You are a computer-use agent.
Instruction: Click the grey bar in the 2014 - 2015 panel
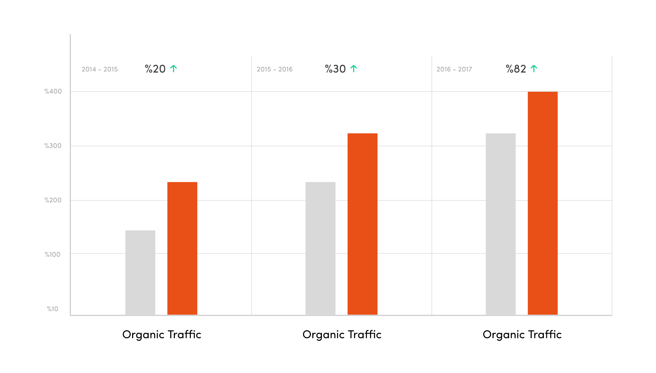tap(140, 272)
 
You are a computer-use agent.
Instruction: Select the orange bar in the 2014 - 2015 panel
tap(182, 248)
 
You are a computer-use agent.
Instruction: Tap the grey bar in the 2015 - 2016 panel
tap(321, 248)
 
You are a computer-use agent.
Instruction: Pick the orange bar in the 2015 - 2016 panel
tap(363, 224)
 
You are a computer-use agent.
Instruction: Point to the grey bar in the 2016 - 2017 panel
tap(501, 224)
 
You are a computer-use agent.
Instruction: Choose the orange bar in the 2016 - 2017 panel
tap(543, 203)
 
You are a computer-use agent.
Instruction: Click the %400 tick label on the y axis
tap(53, 91)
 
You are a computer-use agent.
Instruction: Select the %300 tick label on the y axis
tap(53, 146)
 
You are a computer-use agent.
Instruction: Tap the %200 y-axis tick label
tap(53, 200)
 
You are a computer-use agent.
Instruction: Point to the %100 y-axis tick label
tap(53, 255)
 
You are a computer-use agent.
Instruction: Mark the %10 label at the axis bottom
tap(53, 309)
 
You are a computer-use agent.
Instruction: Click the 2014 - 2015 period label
tap(100, 69)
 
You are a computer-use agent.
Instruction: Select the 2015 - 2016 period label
tap(275, 69)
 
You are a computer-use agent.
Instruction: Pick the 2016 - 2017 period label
tap(454, 69)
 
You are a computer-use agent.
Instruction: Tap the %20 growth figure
tap(155, 69)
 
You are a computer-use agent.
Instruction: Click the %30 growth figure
tap(335, 69)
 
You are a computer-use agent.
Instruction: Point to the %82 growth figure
tap(516, 69)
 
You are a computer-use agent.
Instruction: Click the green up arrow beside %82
tap(534, 69)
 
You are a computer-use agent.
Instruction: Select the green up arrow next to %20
tap(173, 69)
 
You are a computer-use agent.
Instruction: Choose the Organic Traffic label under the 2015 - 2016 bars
tap(342, 335)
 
